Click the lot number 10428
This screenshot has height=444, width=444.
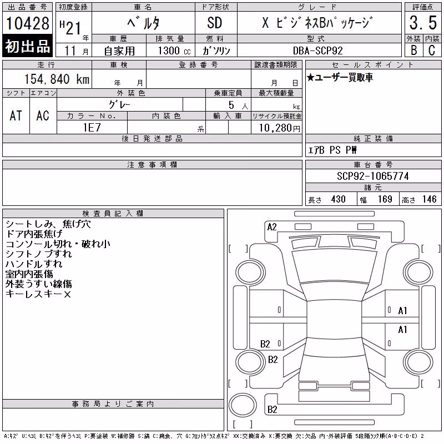pos(27,23)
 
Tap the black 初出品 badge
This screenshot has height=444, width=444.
pos(27,46)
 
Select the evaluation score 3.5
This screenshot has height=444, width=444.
pos(423,23)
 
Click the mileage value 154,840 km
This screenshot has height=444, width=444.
pos(57,79)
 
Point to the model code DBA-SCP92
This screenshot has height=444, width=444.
pos(317,51)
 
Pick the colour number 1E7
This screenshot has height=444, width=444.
pos(92,128)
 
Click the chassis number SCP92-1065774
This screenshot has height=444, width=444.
pos(373,176)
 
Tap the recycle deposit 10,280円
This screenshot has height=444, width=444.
pos(280,128)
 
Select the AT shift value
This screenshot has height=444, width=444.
pos(16,115)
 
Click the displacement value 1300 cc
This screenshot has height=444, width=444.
pos(174,51)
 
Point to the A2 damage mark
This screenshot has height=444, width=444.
pos(272,227)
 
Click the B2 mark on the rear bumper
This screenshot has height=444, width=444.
pos(272,410)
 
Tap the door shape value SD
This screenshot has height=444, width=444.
pos(215,23)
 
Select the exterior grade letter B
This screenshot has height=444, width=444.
pos(414,50)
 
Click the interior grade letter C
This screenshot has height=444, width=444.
pos(432,50)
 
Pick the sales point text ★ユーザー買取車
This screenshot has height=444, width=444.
pos(340,77)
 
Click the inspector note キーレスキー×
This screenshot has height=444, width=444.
pos(38,294)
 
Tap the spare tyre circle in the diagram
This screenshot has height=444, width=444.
pos(243,405)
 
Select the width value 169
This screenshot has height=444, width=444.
pos(385,199)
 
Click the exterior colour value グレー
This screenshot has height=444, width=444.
pos(119,104)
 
